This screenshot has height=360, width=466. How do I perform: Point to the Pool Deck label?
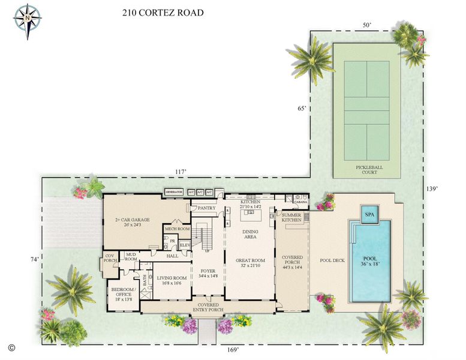[330, 260]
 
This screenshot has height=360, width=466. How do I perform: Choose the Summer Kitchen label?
[291, 217]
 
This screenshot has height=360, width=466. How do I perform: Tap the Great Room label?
[250, 263]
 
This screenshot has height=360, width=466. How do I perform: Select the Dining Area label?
[250, 234]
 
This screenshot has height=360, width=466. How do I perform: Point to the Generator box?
[174, 192]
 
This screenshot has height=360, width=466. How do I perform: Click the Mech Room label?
[177, 229]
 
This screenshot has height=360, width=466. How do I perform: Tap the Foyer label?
[208, 274]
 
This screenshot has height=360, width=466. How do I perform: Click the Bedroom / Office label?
[124, 294]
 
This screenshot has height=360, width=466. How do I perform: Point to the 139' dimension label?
[432, 189]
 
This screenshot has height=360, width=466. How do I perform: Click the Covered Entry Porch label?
[209, 307]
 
